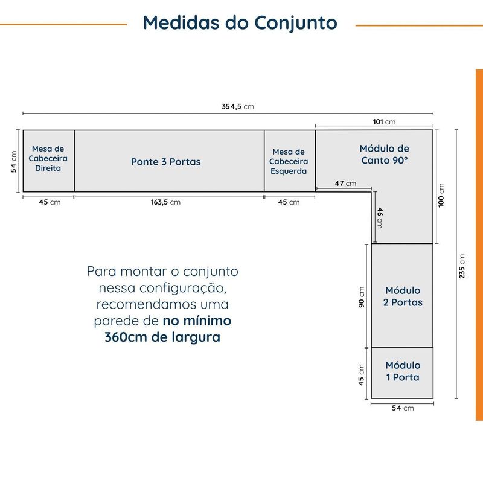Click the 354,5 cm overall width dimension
[x=238, y=107]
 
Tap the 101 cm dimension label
[x=384, y=122]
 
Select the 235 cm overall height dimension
[x=462, y=266]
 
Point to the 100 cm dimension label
[x=441, y=195]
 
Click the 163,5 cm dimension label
[x=165, y=202]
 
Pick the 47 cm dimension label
[x=345, y=184]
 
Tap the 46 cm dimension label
[x=380, y=218]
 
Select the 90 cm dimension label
[x=361, y=297]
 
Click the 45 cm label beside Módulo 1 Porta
[x=361, y=375]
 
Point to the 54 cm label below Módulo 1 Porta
[x=403, y=408]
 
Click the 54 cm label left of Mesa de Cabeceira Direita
[x=13, y=161]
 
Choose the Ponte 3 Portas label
[x=165, y=162]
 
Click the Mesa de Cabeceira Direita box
[x=49, y=161]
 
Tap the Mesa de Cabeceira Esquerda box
[x=290, y=161]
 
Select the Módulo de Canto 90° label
[x=385, y=155]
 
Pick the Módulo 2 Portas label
[x=403, y=296]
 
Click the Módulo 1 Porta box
[x=402, y=373]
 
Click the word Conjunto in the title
[x=296, y=24]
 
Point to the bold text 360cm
[x=126, y=337]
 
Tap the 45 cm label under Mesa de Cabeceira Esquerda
[x=289, y=202]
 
